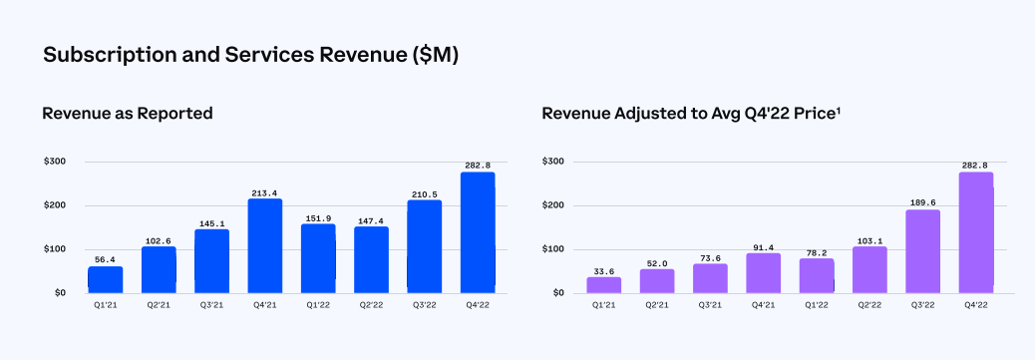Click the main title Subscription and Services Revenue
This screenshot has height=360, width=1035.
(250, 57)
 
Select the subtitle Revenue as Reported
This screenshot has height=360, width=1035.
(128, 114)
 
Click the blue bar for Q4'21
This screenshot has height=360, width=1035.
(265, 245)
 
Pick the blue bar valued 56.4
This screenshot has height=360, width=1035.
(105, 279)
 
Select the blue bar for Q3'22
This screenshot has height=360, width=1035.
(424, 246)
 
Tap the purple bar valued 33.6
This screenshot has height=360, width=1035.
(603, 284)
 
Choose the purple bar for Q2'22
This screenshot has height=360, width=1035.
(869, 269)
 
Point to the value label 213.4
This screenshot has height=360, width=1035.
(265, 190)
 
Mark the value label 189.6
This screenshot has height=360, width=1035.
(922, 201)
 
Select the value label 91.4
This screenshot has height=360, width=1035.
(763, 244)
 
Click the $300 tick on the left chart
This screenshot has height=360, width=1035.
(55, 162)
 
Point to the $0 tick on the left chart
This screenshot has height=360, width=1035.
(60, 293)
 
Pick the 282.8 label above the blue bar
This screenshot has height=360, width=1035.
(477, 164)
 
